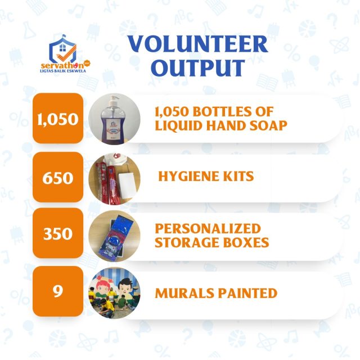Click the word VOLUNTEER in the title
(197, 44)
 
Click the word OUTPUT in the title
(198, 67)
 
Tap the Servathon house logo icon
(62, 49)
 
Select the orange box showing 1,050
(58, 118)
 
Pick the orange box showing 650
(58, 177)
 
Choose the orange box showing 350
(58, 233)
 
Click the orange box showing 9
(58, 291)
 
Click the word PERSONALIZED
(208, 228)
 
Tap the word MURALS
(184, 293)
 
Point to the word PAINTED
(247, 293)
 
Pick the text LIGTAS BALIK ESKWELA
(63, 71)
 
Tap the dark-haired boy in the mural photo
(124, 285)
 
